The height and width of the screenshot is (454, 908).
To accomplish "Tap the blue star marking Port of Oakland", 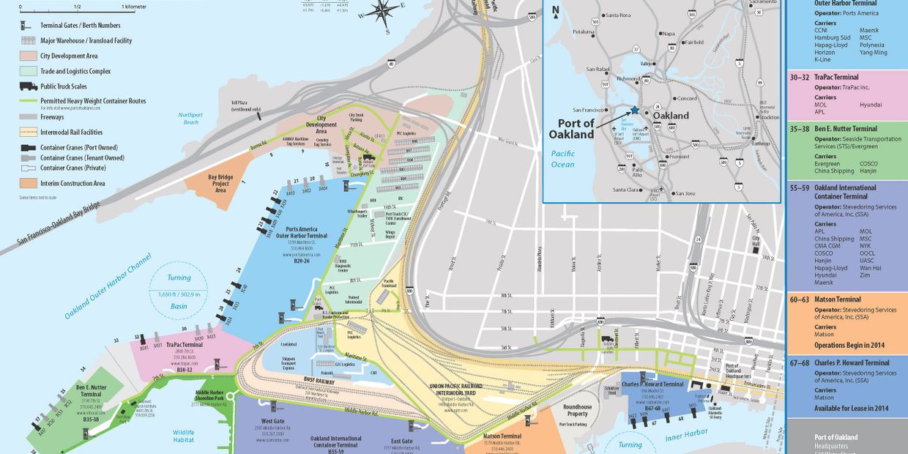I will pyautogui.click(x=634, y=110).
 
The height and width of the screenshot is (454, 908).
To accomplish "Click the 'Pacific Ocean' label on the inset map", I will pyautogui.click(x=563, y=159).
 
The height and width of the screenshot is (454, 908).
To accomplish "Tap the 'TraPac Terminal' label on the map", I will pyautogui.click(x=185, y=344).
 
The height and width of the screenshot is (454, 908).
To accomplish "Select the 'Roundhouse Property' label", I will pyautogui.click(x=578, y=410).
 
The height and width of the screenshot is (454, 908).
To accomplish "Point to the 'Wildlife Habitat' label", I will pyautogui.click(x=184, y=436).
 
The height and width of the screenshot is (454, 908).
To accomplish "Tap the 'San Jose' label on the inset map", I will pyautogui.click(x=685, y=193).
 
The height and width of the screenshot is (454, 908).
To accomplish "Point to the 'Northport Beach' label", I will pyautogui.click(x=190, y=119).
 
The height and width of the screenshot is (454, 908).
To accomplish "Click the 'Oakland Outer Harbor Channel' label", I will pyautogui.click(x=107, y=286).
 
